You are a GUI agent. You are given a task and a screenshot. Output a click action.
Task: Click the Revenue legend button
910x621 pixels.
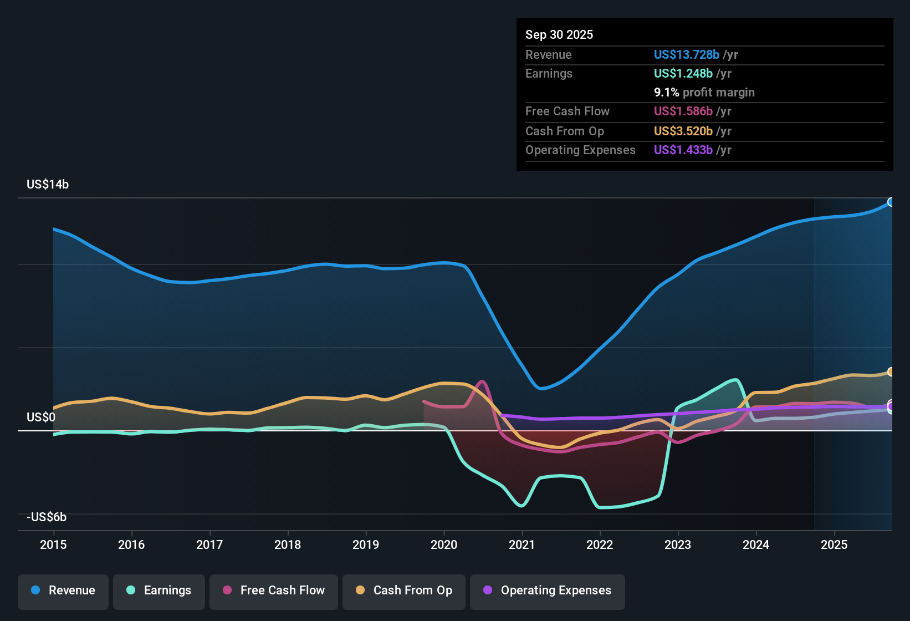[x=63, y=591]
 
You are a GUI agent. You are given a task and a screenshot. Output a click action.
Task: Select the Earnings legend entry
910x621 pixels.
[x=159, y=591]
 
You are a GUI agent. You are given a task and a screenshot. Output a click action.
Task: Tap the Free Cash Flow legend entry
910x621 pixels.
[x=274, y=591]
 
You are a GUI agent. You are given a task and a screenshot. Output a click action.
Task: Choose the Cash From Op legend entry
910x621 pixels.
[x=404, y=591]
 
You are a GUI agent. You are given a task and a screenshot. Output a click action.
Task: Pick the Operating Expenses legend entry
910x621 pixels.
[x=548, y=591]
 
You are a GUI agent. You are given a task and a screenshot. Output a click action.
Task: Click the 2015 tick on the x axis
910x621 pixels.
[x=53, y=544]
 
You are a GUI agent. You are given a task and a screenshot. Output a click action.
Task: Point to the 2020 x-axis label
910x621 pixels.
[x=444, y=544]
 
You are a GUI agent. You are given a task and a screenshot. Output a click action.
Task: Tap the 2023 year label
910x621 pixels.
[x=678, y=544]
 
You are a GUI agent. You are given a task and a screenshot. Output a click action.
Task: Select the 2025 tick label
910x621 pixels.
[x=834, y=544]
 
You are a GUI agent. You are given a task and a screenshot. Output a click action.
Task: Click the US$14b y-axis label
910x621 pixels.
[x=48, y=185]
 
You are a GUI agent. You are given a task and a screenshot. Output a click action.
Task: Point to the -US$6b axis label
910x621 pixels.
[x=47, y=517]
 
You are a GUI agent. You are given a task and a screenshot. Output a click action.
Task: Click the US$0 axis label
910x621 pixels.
[x=41, y=418]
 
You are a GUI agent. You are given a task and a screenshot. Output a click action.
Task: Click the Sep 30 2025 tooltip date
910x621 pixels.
[x=559, y=34]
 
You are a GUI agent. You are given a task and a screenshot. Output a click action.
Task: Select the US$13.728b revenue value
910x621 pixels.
[x=686, y=54]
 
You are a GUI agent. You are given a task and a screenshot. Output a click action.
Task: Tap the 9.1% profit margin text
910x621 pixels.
[x=704, y=93]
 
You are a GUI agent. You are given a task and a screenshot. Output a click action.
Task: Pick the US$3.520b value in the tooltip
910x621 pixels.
[x=683, y=131]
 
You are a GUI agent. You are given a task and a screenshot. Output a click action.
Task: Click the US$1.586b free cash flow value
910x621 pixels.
[x=683, y=111]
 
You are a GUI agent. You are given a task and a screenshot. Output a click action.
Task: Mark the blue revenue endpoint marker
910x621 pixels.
[x=891, y=202]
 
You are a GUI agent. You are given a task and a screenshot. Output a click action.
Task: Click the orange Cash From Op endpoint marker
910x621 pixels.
[x=891, y=372]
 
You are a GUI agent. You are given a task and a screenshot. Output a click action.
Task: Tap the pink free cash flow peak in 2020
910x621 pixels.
[x=482, y=381]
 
